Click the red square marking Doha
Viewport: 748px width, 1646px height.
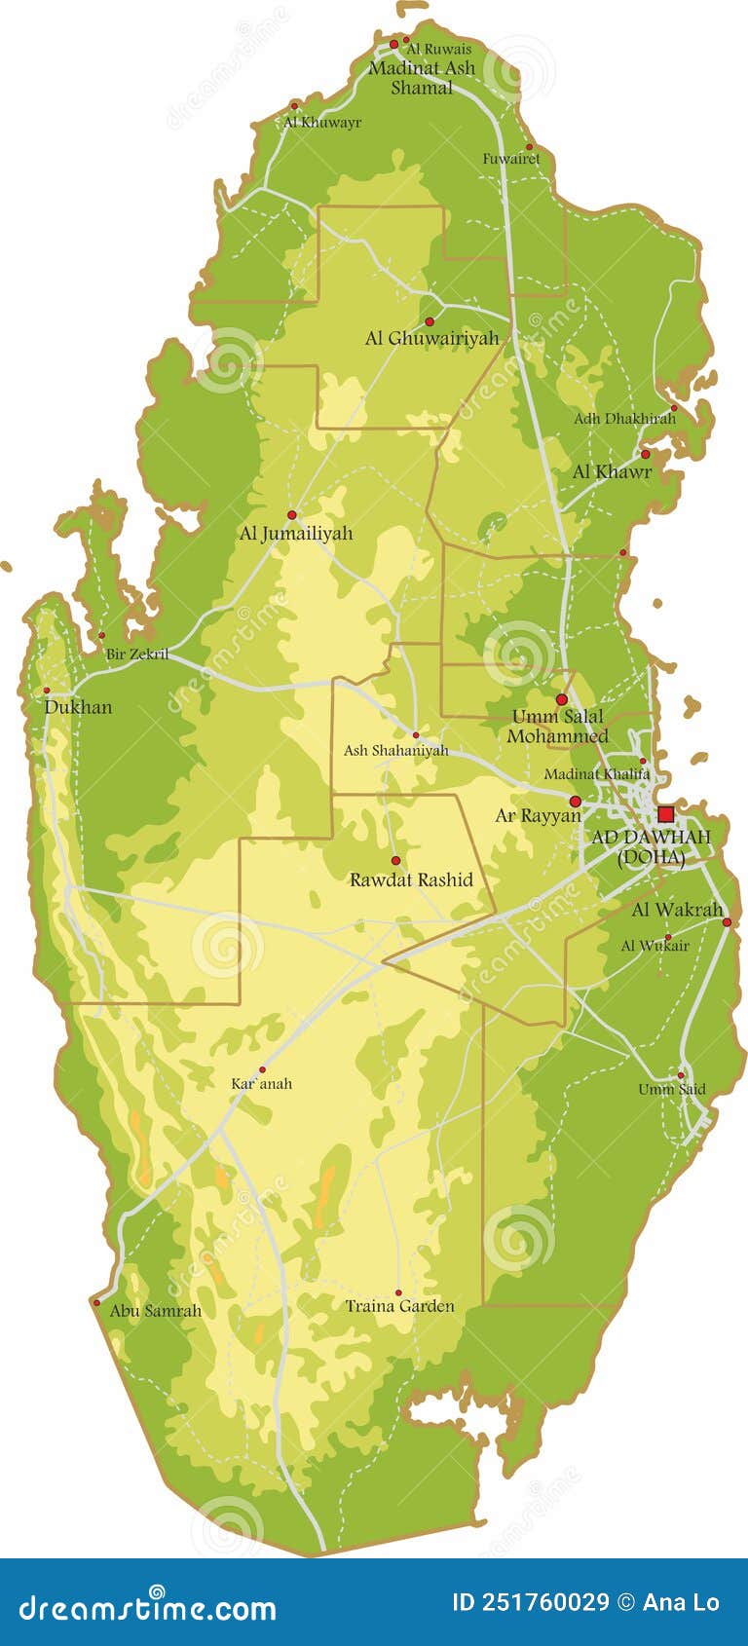665,814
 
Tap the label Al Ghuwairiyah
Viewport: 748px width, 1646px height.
431,338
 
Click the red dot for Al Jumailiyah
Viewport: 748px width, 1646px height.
291,514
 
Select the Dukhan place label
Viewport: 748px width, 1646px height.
78,707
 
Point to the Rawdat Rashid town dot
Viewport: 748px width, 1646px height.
395,861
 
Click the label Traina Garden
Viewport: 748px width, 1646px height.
399,1306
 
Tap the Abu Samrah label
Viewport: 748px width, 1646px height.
155,1311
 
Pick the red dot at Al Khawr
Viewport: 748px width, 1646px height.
645,454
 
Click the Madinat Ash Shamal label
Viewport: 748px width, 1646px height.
422,77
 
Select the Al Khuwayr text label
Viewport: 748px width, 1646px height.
322,123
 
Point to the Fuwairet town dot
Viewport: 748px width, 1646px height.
529,147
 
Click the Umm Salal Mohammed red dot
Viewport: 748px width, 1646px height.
561,699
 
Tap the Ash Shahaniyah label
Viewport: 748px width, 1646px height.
395,750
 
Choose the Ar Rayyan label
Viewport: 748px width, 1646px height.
538,816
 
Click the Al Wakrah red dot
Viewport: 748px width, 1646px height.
727,921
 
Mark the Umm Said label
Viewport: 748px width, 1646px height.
671,1089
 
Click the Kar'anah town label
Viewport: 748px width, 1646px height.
261,1083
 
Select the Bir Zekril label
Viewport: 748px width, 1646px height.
136,655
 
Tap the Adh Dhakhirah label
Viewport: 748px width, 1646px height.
624,419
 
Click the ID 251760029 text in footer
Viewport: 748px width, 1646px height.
531,1602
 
